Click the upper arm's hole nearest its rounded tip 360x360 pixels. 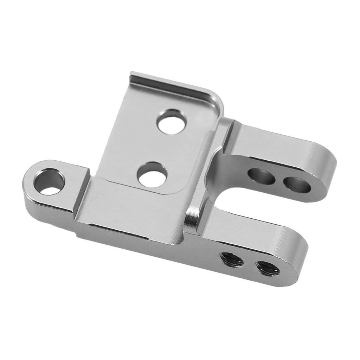tap(297, 184)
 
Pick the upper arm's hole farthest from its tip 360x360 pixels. tap(261, 175)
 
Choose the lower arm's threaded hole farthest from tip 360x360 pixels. tap(232, 259)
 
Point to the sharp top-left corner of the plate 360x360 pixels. tap(132, 73)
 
